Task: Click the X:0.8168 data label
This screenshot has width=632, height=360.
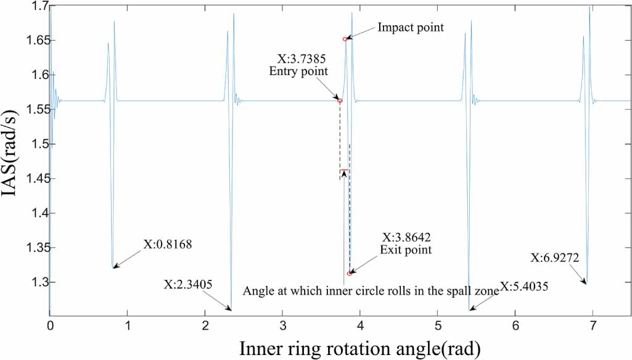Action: point(168,244)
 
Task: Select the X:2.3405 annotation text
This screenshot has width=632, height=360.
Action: point(188,284)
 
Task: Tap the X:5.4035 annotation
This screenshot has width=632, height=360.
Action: point(524,287)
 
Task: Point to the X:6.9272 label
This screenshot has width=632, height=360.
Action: point(554,258)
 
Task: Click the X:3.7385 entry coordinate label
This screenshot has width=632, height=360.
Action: point(302,59)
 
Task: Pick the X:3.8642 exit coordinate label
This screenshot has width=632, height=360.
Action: point(406,237)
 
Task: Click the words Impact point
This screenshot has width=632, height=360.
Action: point(411,27)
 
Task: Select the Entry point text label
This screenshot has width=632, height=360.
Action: point(298,72)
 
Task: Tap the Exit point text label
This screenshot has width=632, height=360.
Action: point(406,250)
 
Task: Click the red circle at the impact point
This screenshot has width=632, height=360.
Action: point(345,39)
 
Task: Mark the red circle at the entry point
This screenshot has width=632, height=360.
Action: point(340,100)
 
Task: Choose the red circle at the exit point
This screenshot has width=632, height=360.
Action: point(350,274)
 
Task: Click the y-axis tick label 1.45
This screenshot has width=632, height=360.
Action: point(35,179)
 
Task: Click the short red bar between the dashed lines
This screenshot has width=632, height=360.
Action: point(344,170)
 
